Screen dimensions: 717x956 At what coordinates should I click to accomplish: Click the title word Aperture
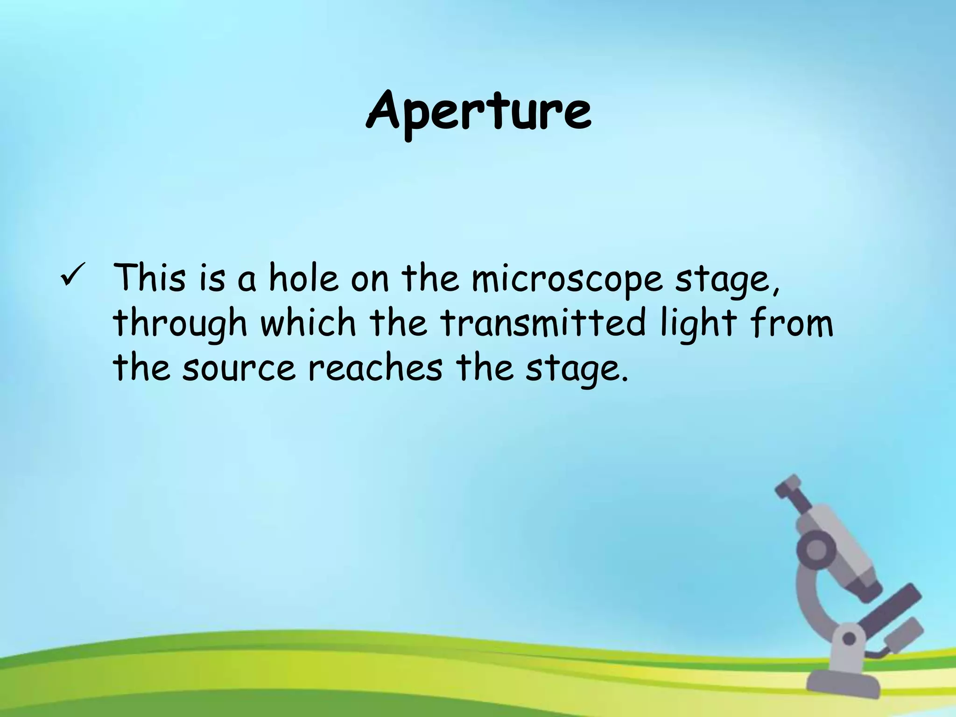click(479, 112)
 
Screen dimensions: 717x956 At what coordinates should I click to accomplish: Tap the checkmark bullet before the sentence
click(72, 275)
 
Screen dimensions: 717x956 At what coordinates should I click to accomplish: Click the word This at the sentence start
click(149, 277)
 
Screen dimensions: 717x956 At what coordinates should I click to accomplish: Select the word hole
click(303, 278)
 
